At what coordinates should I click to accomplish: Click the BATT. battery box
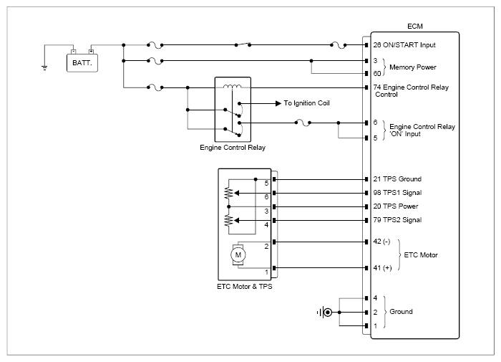pos(82,63)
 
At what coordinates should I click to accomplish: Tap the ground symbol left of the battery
pos(44,67)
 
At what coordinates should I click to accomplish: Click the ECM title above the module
pos(414,27)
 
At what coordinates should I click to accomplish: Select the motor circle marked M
pos(238,255)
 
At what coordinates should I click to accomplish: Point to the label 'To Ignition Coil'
pos(306,103)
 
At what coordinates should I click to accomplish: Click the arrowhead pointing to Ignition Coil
pos(278,103)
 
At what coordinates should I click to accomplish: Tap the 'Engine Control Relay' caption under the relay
pos(233,148)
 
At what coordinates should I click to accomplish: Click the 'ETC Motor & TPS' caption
pos(245,287)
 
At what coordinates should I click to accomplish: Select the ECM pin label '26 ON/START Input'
pos(404,45)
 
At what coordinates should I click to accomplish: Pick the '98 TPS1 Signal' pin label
pos(397,193)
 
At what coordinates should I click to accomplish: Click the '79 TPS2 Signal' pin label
pos(397,220)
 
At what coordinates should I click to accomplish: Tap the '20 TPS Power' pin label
pos(396,206)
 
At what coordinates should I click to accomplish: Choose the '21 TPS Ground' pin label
pos(397,179)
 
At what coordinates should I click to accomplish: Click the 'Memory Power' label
pos(413,67)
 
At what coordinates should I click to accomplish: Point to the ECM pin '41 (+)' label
pos(382,268)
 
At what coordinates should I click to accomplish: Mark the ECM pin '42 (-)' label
pos(381,242)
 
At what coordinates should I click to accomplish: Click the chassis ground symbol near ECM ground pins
pos(325,312)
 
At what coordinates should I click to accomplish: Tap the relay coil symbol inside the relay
pos(233,86)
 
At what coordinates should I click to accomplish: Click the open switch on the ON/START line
pos(243,44)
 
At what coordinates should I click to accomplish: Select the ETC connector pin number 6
pos(266,197)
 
